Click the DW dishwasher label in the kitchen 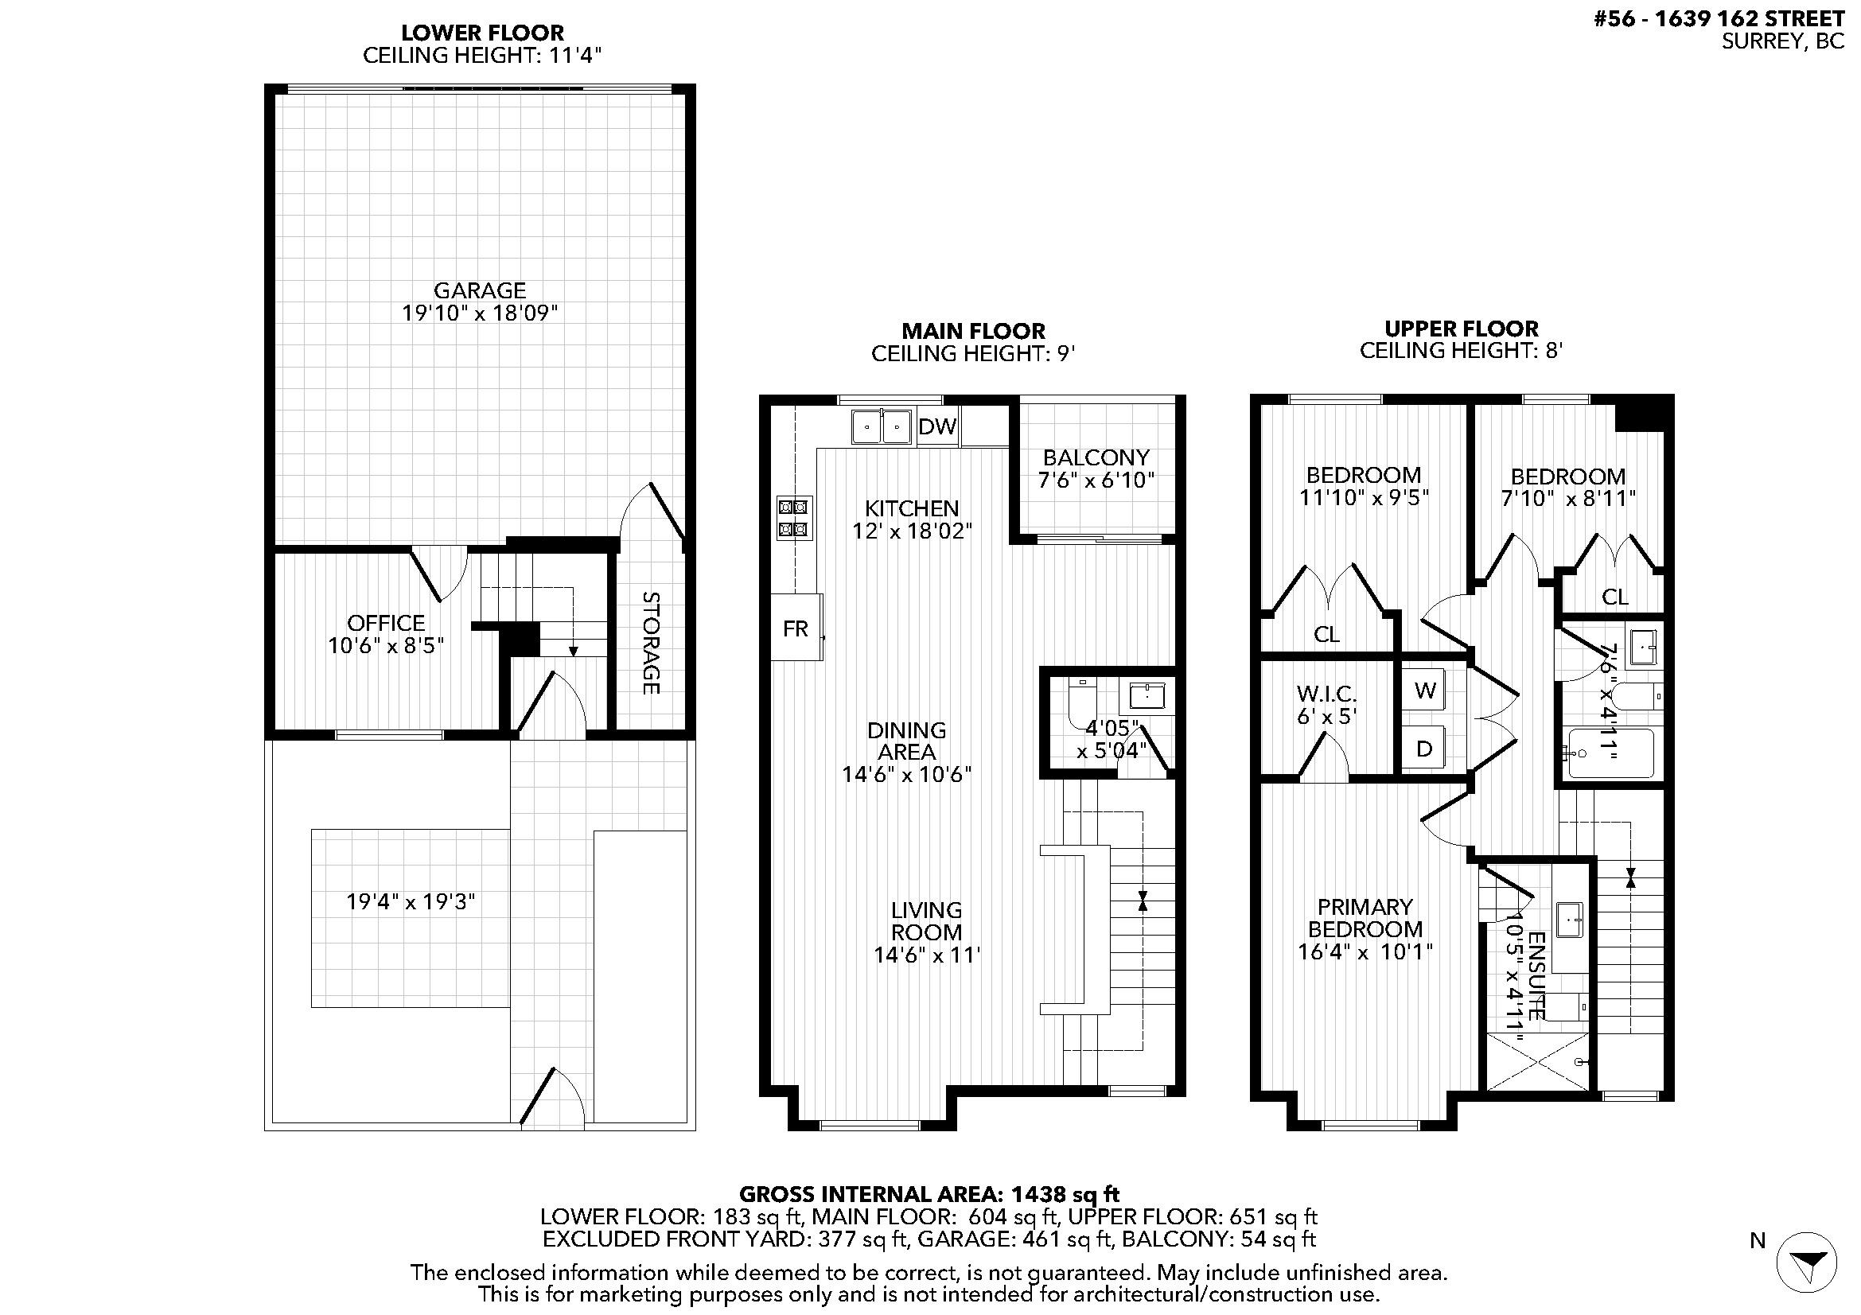(x=938, y=426)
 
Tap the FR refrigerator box (x=796, y=627)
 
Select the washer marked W (x=1426, y=691)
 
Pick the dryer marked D (x=1425, y=749)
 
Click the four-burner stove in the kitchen (x=792, y=519)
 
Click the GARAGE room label (x=480, y=290)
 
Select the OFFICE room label (x=386, y=622)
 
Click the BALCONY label (x=1096, y=457)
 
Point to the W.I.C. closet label (x=1326, y=694)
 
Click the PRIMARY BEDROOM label (x=1365, y=918)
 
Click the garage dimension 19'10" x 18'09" (x=480, y=313)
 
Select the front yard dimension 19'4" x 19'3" (x=410, y=902)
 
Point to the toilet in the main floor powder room (x=1081, y=702)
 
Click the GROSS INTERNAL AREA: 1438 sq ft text (x=929, y=1194)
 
